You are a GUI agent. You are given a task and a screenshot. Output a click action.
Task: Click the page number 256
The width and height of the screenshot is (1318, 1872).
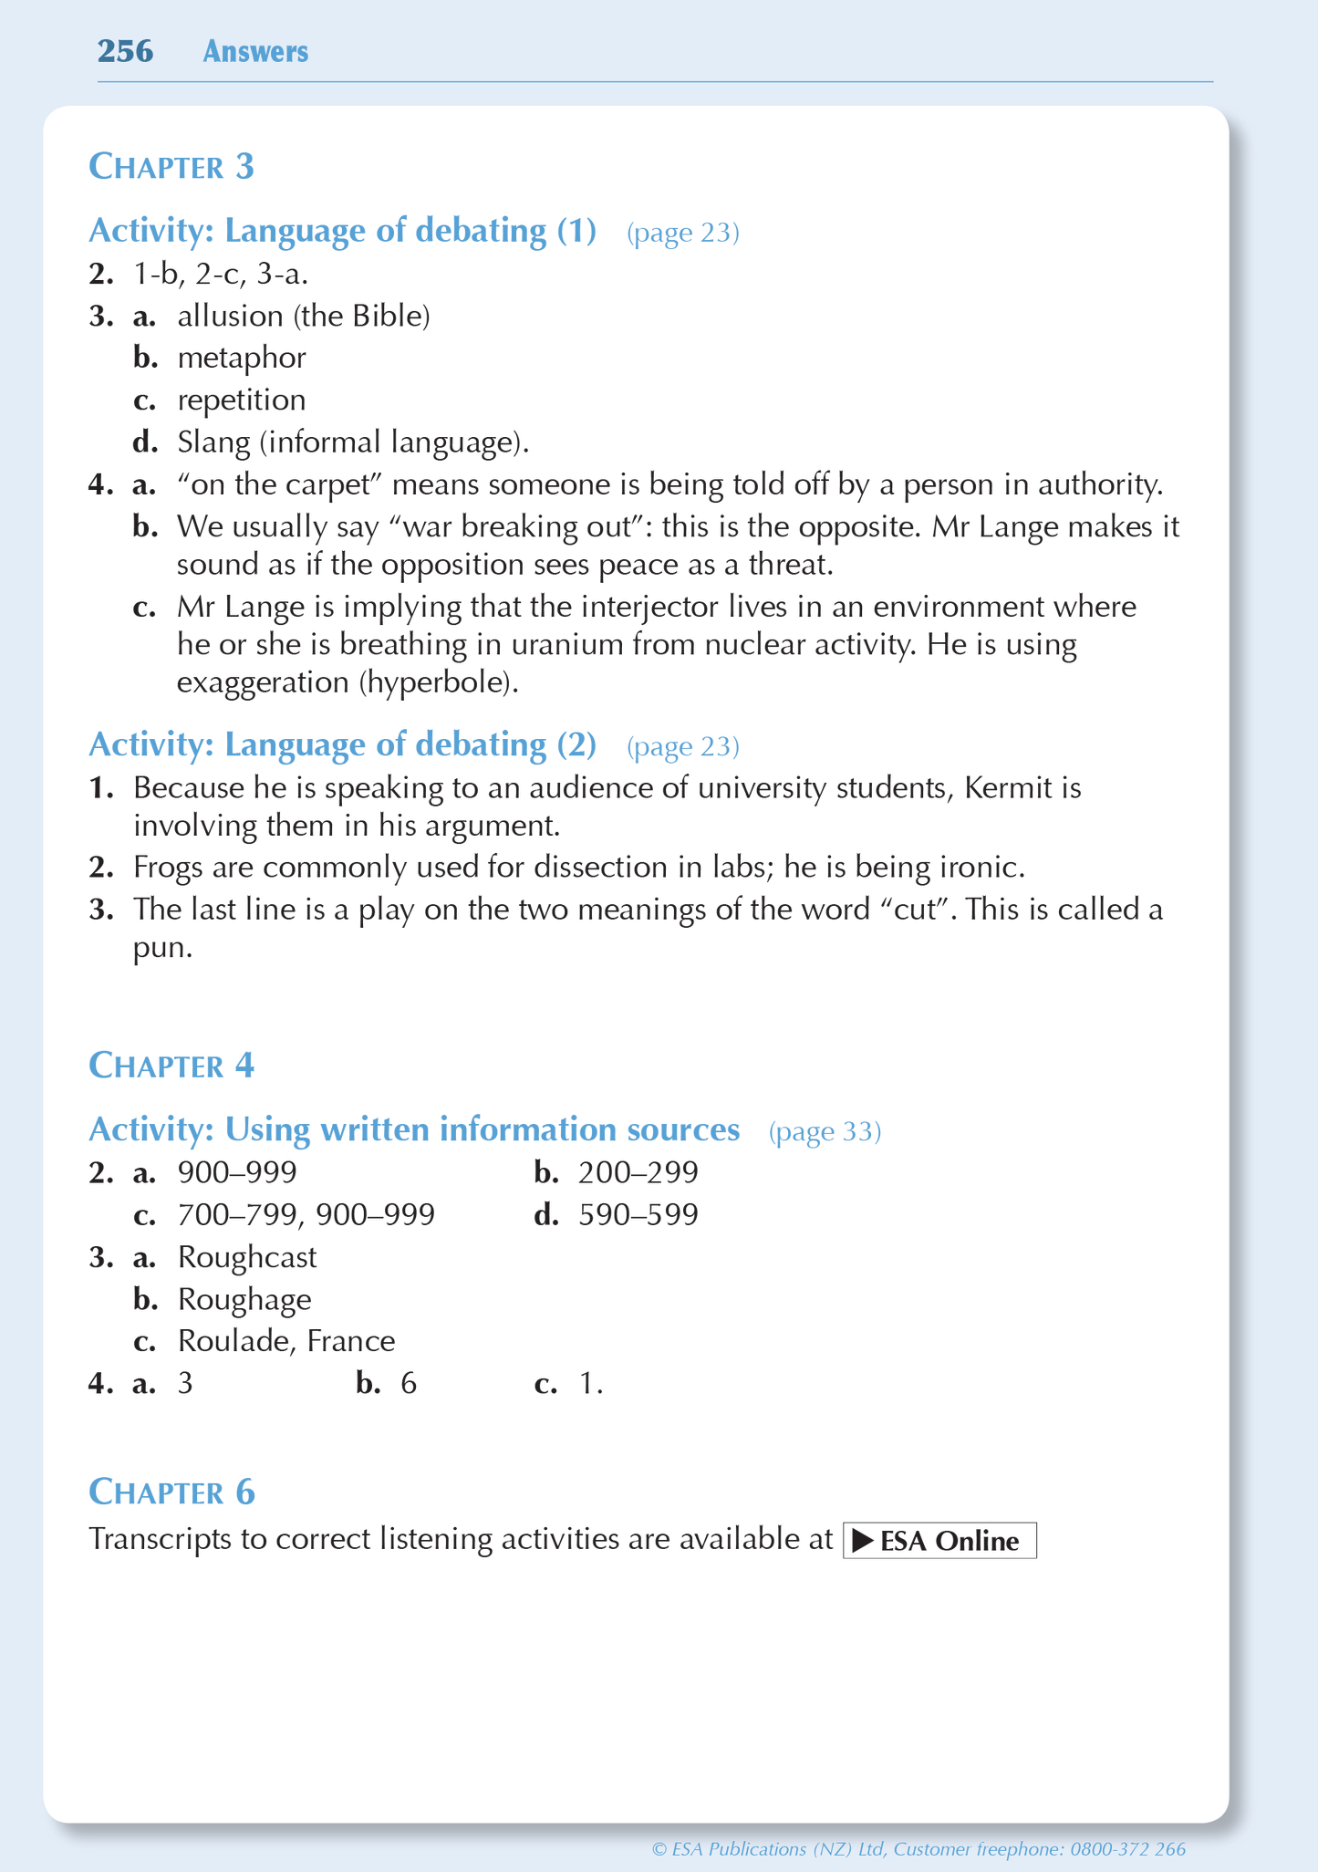(125, 51)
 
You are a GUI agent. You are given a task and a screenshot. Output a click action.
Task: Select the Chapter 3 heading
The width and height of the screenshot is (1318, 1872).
(171, 167)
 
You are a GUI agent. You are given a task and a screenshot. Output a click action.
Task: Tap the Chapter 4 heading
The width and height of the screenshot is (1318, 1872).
(171, 1066)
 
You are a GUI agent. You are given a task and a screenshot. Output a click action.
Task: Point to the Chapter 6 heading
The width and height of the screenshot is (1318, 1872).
(171, 1492)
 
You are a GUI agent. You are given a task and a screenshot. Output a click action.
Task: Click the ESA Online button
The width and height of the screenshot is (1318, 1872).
(939, 1541)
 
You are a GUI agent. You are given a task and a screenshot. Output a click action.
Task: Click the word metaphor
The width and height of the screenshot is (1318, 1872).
(242, 358)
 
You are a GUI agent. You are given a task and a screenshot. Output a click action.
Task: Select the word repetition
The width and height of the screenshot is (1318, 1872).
(242, 400)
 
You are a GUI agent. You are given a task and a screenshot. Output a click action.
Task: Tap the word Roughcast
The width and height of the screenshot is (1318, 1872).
(247, 1257)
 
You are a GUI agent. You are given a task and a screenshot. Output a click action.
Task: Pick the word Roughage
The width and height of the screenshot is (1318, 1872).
(244, 1299)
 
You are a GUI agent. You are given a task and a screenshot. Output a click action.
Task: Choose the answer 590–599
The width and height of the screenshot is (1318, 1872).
(638, 1215)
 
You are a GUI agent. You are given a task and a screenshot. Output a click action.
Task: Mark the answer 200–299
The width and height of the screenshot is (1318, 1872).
(638, 1172)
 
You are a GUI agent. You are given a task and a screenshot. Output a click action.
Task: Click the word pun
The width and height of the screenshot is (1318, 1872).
(162, 949)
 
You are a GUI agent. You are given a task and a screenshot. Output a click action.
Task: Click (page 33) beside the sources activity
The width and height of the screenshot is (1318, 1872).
(825, 1132)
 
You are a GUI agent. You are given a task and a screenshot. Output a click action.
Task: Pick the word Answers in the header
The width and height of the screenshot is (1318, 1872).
(255, 52)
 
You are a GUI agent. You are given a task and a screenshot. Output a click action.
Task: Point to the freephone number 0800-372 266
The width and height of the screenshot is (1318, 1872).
(1127, 1849)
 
